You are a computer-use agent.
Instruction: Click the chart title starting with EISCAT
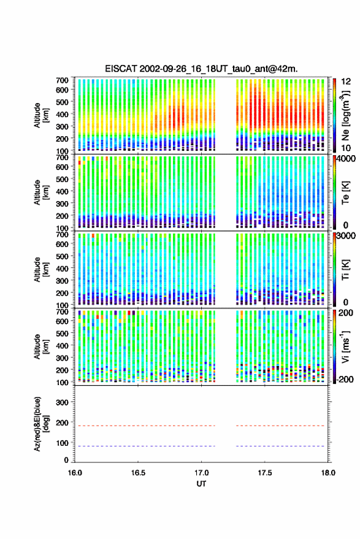[201, 69]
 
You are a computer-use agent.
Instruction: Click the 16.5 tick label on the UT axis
[138, 473]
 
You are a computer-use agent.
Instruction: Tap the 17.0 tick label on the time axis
[202, 473]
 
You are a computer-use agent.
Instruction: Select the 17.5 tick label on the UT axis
[265, 473]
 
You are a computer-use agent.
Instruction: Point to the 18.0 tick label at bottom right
[328, 473]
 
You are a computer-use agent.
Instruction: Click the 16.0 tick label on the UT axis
[75, 473]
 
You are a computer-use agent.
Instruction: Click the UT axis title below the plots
[202, 484]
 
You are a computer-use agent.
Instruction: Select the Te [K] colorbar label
[345, 193]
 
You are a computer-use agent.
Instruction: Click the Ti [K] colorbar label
[345, 269]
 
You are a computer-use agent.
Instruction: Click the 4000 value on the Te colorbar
[345, 158]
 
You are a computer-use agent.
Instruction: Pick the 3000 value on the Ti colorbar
[345, 235]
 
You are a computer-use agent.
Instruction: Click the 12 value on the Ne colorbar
[347, 81]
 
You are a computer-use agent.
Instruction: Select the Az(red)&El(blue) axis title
[41, 424]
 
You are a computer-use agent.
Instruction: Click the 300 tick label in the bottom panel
[62, 402]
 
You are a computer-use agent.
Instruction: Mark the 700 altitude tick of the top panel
[62, 80]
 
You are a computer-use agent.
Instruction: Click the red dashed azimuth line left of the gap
[145, 426]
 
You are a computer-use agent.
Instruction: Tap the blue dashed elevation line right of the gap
[280, 446]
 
